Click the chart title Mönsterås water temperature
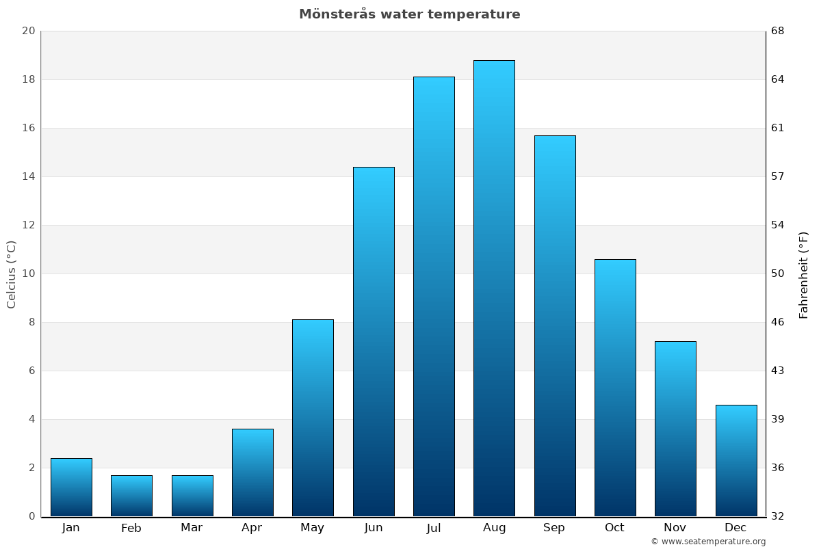(x=409, y=14)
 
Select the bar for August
(x=494, y=287)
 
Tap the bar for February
(x=131, y=496)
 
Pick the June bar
(x=374, y=342)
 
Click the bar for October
(x=615, y=388)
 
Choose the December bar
(x=736, y=460)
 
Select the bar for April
(x=252, y=472)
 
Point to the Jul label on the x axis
(x=434, y=528)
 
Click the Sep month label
(x=554, y=528)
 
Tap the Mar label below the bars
(x=192, y=528)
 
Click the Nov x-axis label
(x=675, y=528)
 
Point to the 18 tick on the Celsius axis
(x=28, y=79)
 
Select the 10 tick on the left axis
(x=28, y=273)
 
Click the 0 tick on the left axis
(x=31, y=516)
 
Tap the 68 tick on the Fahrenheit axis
(x=779, y=31)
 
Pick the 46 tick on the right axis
(x=779, y=322)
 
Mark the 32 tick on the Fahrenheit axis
(x=779, y=516)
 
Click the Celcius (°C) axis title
(x=12, y=273)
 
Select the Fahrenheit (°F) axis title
(x=804, y=273)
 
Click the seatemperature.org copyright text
(x=708, y=542)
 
